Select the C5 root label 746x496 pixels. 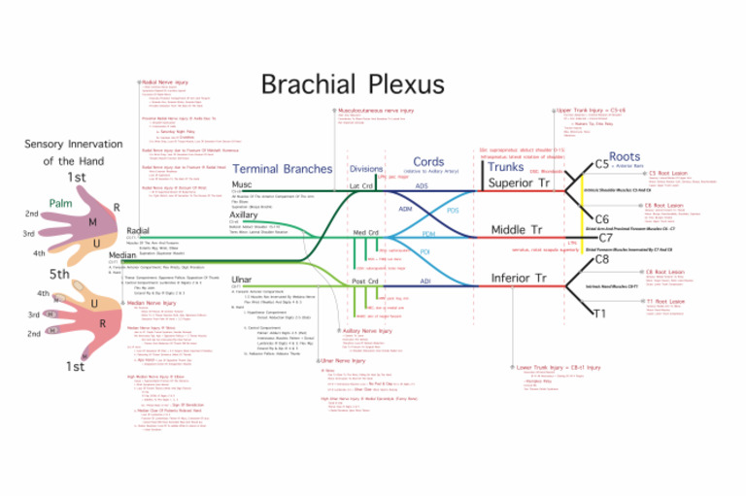pos(601,164)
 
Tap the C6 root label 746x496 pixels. pos(601,219)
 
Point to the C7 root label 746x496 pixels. pos(605,237)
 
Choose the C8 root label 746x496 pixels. pos(601,259)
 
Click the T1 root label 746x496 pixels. pos(599,313)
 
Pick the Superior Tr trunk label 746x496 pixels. pos(519,182)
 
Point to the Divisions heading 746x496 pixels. pos(365,169)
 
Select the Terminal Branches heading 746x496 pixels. pos(282,169)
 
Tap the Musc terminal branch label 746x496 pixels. pos(242,183)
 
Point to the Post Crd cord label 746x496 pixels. pos(365,281)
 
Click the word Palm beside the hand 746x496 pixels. pos(61,204)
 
